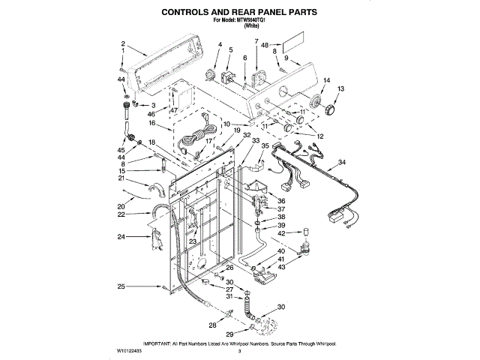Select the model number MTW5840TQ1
point(256,21)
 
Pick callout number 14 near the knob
point(326,80)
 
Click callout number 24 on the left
point(120,237)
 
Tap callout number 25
point(120,286)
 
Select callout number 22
point(120,214)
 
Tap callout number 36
point(282,200)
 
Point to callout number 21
point(120,178)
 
